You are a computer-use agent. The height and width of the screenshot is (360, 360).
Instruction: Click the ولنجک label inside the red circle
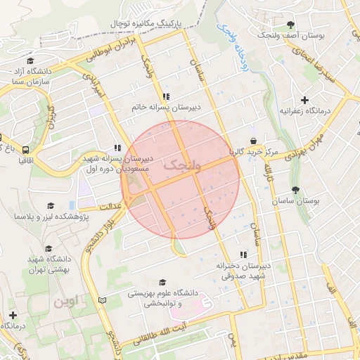pos(181,166)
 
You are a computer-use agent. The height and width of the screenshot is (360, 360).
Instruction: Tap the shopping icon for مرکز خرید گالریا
pos(252,141)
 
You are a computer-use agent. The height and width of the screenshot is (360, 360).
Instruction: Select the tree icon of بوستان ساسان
pos(295,190)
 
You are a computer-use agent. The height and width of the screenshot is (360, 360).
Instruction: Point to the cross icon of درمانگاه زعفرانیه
pos(304,101)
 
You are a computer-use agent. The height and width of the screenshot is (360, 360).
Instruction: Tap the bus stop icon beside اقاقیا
pos(26,150)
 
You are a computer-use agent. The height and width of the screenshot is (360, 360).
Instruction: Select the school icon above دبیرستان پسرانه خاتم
pos(165,96)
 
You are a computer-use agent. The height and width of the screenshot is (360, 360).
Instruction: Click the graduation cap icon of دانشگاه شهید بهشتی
pos(49,248)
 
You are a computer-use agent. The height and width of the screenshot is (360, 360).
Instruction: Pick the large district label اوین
pos(66,302)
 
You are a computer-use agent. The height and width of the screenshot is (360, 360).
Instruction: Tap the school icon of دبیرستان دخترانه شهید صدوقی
pos(243,255)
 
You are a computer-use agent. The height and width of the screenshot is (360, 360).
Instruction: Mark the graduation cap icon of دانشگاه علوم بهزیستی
pos(163,281)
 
